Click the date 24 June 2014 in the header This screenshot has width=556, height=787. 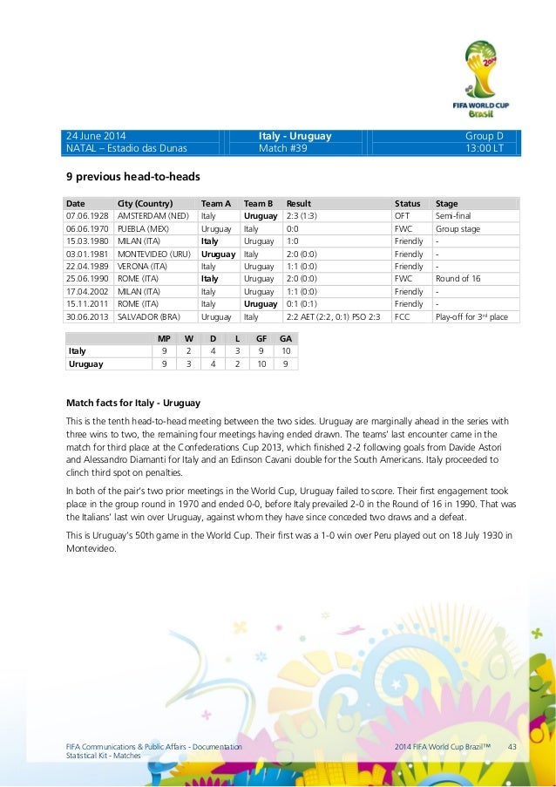pyautogui.click(x=97, y=136)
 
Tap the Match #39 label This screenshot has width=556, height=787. pyautogui.click(x=281, y=148)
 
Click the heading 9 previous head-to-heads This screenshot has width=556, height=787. pyautogui.click(x=125, y=176)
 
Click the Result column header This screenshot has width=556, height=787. pyautogui.click(x=299, y=203)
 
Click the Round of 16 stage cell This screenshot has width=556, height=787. pyautogui.click(x=457, y=279)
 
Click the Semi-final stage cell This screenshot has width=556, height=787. pyautogui.click(x=453, y=215)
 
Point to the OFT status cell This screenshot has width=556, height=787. pyautogui.click(x=403, y=215)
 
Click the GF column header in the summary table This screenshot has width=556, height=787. pyautogui.click(x=261, y=338)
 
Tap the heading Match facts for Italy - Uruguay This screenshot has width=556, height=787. pyautogui.click(x=133, y=403)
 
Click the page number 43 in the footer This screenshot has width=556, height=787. pyautogui.click(x=512, y=749)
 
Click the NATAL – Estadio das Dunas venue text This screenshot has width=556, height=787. pyautogui.click(x=126, y=148)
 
